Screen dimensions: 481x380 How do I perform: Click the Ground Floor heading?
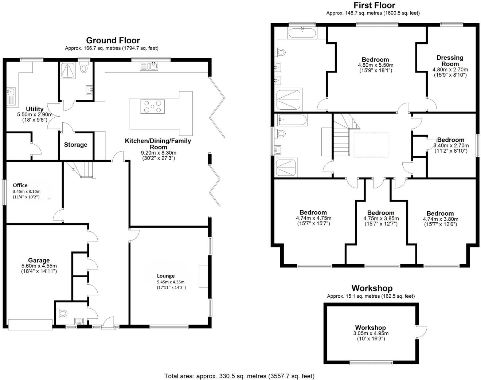pyautogui.click(x=113, y=40)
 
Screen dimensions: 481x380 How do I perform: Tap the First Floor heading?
pyautogui.click(x=374, y=5)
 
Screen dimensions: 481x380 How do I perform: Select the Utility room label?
pyautogui.click(x=35, y=109)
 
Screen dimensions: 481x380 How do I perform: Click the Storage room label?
pyautogui.click(x=76, y=145)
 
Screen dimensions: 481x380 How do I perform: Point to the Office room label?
pyautogui.click(x=20, y=185)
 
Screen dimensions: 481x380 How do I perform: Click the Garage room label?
pyautogui.click(x=39, y=260)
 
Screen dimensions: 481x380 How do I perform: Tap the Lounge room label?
pyautogui.click(x=166, y=276)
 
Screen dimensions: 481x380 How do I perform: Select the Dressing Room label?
pyautogui.click(x=450, y=60)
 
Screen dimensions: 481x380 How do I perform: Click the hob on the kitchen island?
pyautogui.click(x=152, y=106)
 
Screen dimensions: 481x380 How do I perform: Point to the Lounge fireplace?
pyautogui.click(x=203, y=277)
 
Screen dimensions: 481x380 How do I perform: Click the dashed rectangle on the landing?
pyautogui.click(x=371, y=145)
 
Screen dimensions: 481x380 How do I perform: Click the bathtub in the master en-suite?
pyautogui.click(x=302, y=34)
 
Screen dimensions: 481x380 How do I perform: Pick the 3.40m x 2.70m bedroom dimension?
pyautogui.click(x=450, y=145)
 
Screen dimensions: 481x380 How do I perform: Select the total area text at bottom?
pyautogui.click(x=239, y=376)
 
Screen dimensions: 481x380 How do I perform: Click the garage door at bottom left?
pyautogui.click(x=30, y=325)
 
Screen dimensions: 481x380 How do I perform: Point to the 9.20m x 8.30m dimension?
pyautogui.click(x=159, y=153)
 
